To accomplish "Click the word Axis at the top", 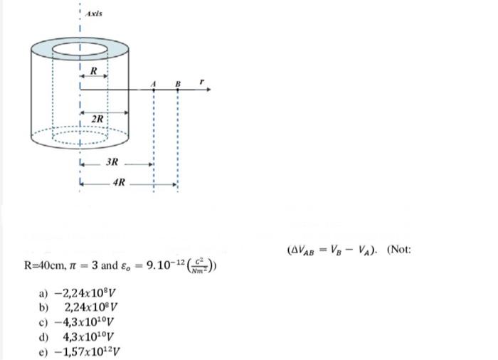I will pos(92,14).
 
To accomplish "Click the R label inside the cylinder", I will pos(94,70).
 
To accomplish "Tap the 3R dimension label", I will pos(112,162).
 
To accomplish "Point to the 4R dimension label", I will pos(120,183).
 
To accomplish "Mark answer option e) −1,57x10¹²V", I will pos(80,350).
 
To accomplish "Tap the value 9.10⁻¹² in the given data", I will pos(164,267).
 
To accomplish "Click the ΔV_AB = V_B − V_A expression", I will pos(334,250).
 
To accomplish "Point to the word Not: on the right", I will pos(400,250).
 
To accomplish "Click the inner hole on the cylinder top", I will pos(81,50).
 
